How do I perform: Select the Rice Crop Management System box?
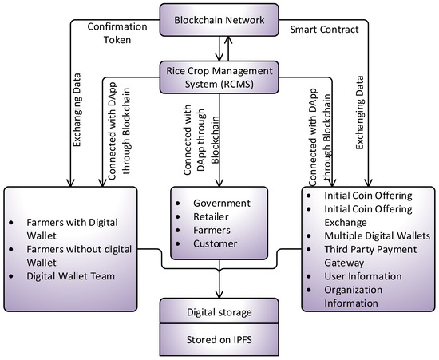(x=219, y=76)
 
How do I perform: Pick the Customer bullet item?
(x=215, y=243)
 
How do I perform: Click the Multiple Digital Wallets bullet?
(x=379, y=237)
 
